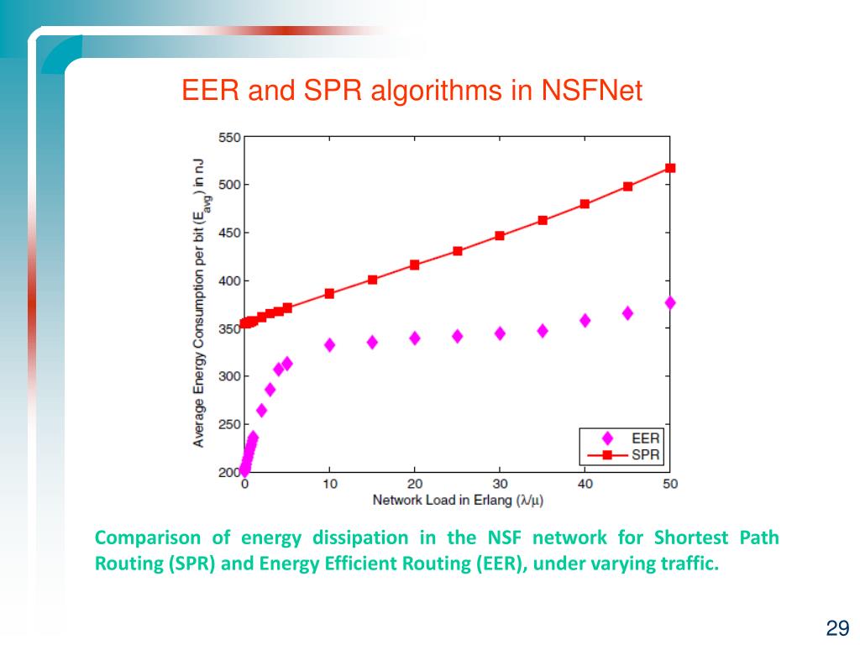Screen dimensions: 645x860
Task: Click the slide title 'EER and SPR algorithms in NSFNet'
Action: pyautogui.click(x=412, y=91)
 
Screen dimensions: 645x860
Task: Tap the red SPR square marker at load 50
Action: pyautogui.click(x=670, y=168)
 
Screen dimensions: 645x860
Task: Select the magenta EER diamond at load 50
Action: pyautogui.click(x=670, y=302)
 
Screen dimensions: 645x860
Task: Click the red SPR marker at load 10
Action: pyautogui.click(x=329, y=293)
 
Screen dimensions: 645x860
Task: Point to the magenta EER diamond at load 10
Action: pyautogui.click(x=329, y=344)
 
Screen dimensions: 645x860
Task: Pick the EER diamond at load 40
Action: pyautogui.click(x=585, y=320)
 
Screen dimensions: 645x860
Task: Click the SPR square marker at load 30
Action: pyautogui.click(x=500, y=235)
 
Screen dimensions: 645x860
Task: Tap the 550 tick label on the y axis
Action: pyautogui.click(x=229, y=138)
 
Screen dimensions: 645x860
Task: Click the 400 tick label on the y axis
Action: pyautogui.click(x=229, y=281)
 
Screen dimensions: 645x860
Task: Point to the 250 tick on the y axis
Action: pyautogui.click(x=229, y=425)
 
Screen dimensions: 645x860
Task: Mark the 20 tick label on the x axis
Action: pyautogui.click(x=414, y=484)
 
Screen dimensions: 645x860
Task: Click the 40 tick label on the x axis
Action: pyautogui.click(x=585, y=484)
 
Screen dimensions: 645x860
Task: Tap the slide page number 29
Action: pyautogui.click(x=837, y=628)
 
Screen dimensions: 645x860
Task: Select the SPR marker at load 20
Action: pyautogui.click(x=414, y=265)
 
